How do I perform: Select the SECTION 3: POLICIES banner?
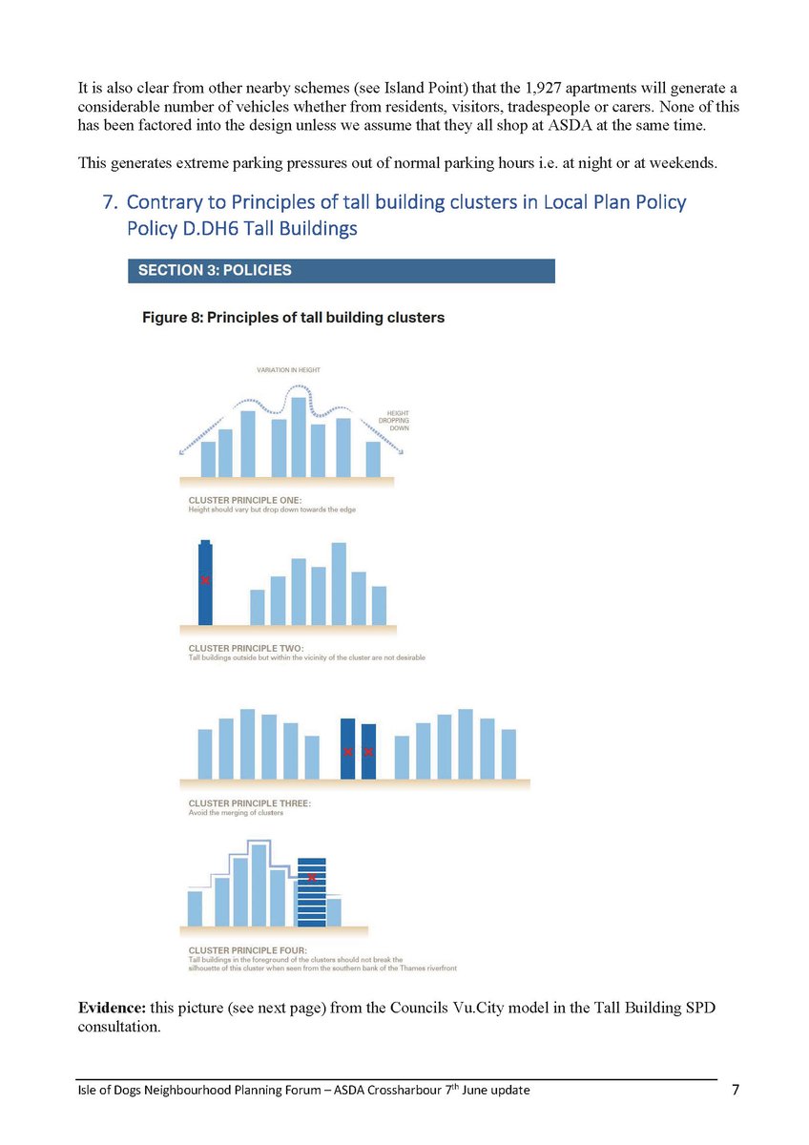[341, 270]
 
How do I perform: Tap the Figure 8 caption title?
[293, 318]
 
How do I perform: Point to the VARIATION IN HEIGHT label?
[289, 369]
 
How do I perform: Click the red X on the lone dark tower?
[205, 580]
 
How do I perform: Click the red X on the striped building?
[312, 877]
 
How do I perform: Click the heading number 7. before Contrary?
[110, 202]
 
